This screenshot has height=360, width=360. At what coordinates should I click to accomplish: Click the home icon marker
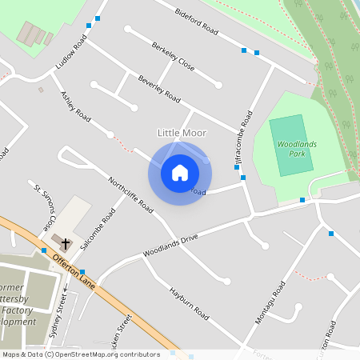coord(180,173)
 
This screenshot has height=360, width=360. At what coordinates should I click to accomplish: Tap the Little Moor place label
coord(182,133)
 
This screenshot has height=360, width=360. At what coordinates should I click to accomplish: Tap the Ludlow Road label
coord(71,51)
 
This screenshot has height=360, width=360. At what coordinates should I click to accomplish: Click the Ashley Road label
coord(75,106)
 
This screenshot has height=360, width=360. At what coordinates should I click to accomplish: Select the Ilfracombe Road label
coord(243,134)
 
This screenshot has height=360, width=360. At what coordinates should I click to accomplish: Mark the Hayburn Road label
coord(188,303)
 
